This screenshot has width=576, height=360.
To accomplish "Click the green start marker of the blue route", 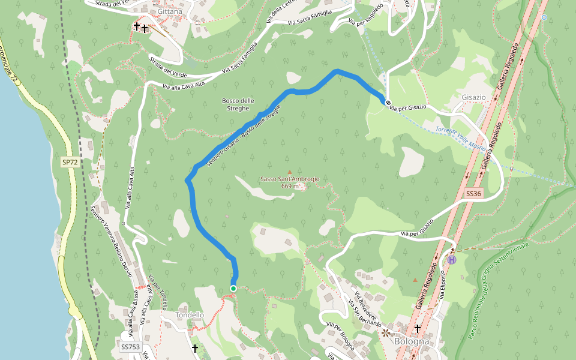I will click(x=233, y=289).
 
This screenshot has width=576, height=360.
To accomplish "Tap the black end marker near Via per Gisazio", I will click(x=388, y=103).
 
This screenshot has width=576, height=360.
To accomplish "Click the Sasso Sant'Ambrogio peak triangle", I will click(x=289, y=172).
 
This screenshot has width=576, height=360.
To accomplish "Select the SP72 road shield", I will click(x=70, y=163).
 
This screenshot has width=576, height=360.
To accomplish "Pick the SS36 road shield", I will click(x=473, y=193).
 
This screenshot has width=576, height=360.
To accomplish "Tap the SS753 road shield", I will click(x=130, y=347).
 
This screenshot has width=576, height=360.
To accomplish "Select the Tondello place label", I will click(x=190, y=315).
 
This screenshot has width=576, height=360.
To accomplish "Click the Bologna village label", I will click(x=412, y=341).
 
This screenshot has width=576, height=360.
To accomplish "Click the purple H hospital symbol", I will click(x=452, y=260).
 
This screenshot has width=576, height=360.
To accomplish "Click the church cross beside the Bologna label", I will click(x=418, y=328).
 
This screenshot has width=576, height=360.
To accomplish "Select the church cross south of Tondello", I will click(x=194, y=348).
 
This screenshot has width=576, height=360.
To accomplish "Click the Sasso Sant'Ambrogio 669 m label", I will click(x=290, y=182).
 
